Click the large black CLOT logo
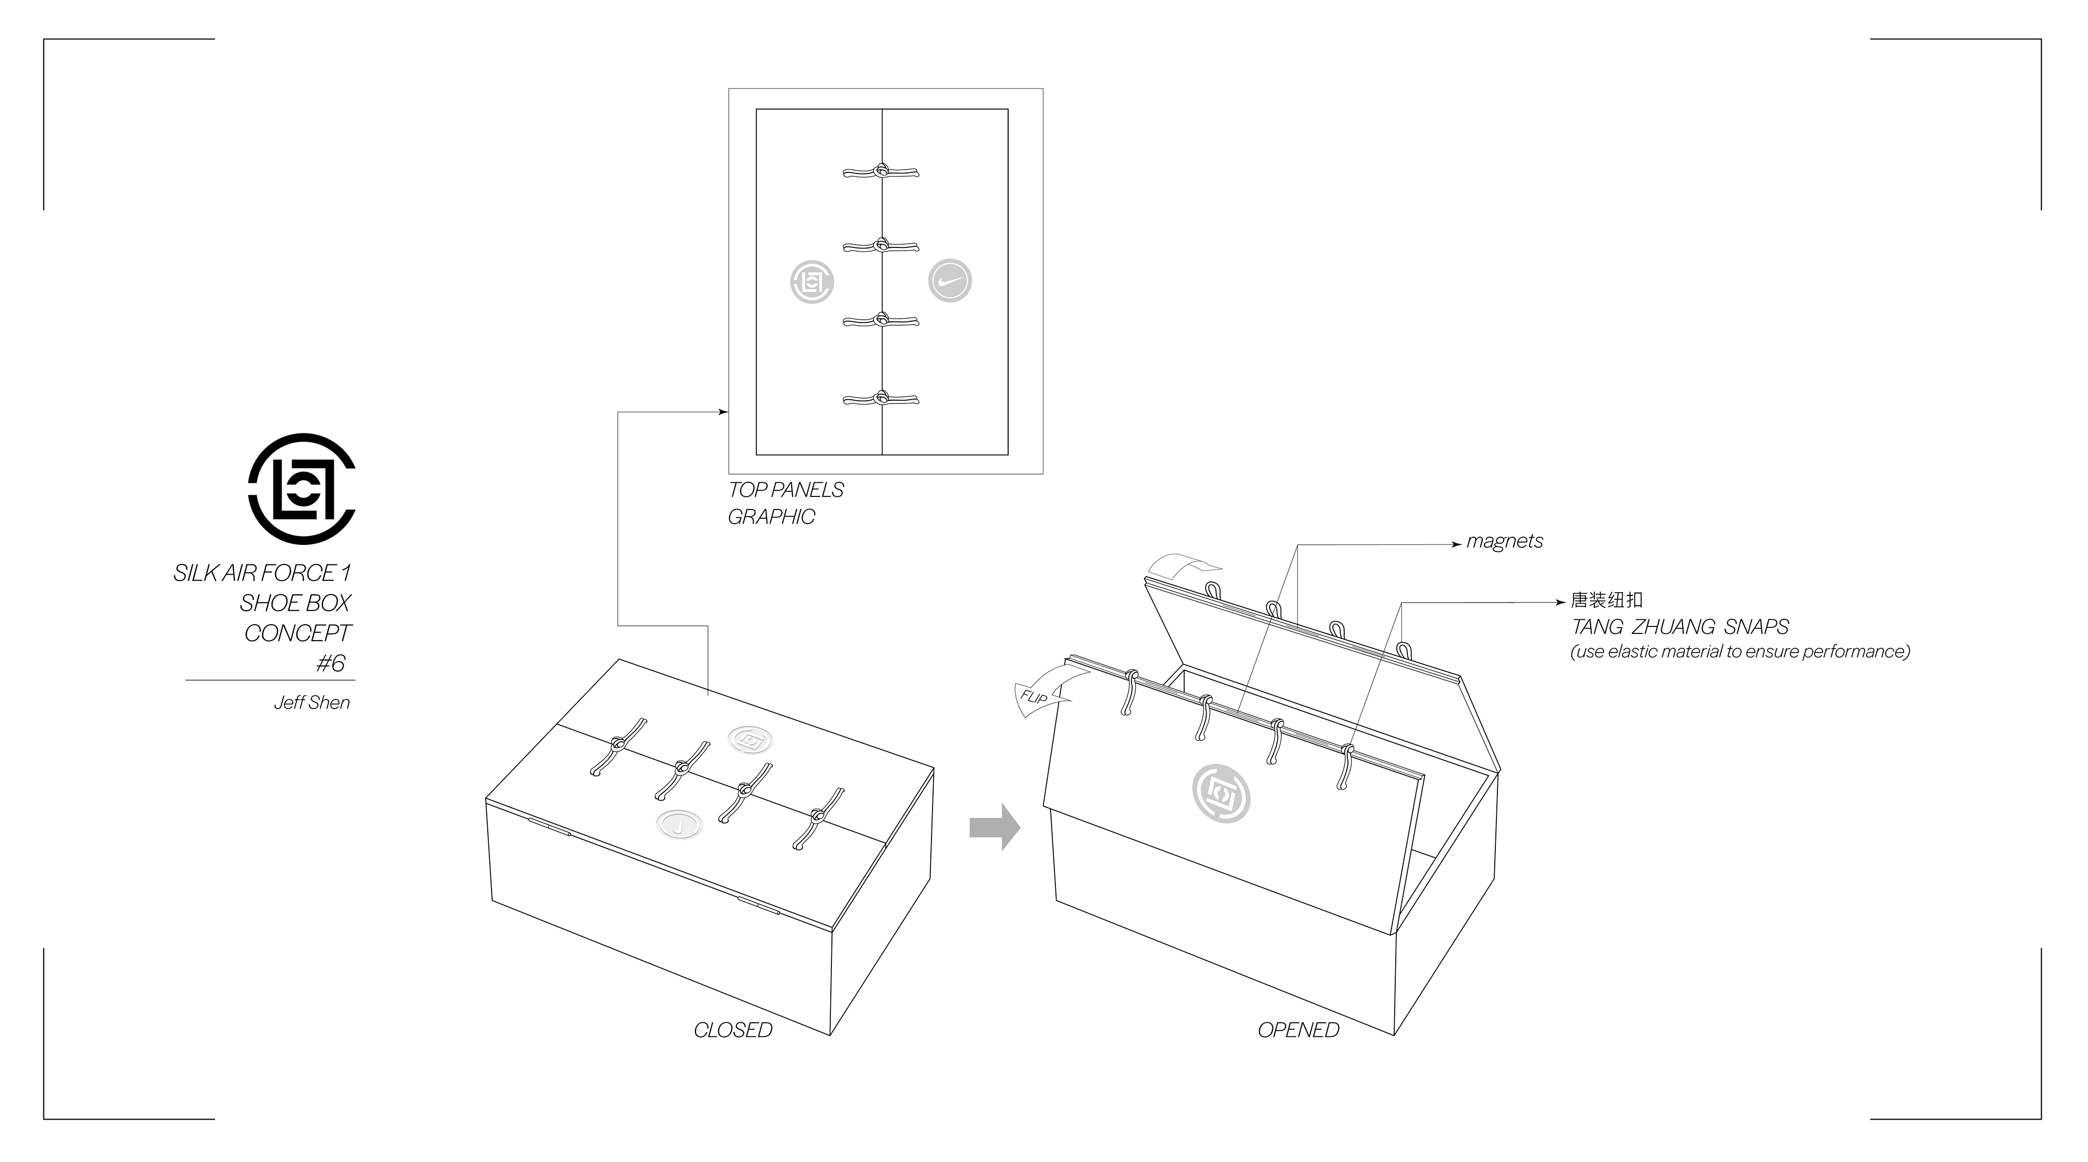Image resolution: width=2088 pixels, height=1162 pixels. pos(302,489)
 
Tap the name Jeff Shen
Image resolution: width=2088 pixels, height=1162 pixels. pos(312,703)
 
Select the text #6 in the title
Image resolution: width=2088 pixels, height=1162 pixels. pos(331,664)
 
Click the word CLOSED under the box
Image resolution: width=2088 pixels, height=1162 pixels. pos(733,1030)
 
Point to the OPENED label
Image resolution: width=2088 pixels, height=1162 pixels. pos(1298,1030)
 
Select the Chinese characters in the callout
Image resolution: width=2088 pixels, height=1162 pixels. pos(1607,600)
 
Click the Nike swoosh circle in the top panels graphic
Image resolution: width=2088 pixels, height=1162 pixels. pos(949,281)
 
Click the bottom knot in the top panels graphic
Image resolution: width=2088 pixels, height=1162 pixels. pos(881,399)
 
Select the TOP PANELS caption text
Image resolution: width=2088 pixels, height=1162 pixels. pos(785,490)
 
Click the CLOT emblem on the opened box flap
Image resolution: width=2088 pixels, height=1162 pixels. pos(1221,794)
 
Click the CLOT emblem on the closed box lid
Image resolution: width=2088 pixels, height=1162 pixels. pos(750,738)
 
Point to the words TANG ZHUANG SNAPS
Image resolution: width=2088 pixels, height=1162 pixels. pos(1680,627)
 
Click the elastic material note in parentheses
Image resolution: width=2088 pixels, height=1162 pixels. pos(1739,651)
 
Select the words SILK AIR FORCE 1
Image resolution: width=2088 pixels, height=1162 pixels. pos(262,574)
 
